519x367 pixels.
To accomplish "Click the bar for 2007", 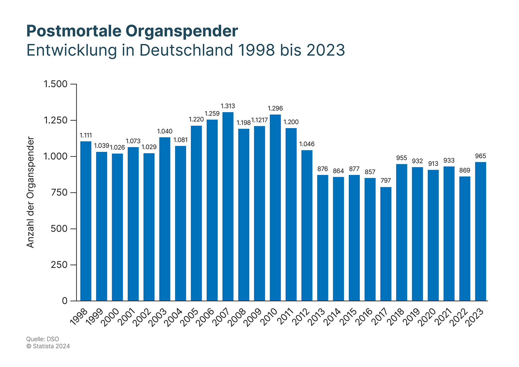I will point(228,207).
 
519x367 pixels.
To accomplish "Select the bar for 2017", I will point(386,244).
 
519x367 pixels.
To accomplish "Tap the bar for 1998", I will point(86,221).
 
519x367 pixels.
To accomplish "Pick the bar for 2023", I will point(481,231).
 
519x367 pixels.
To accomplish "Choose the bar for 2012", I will point(307,226).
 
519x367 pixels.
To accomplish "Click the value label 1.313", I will point(228,106).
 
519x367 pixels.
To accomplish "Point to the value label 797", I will point(386,181).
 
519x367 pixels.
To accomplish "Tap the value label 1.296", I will point(275,109).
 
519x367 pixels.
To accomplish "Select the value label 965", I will point(481,156).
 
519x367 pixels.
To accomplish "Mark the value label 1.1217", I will point(259,120).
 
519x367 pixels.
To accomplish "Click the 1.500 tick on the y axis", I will point(55,84).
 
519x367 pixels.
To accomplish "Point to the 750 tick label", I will point(59,193).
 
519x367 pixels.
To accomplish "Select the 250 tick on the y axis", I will point(59,265).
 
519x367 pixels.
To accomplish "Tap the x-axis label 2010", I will point(269,317).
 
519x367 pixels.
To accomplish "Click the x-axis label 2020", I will point(427,317).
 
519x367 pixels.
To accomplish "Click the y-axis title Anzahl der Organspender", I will point(31,192).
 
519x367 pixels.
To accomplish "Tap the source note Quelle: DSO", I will point(43,339).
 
